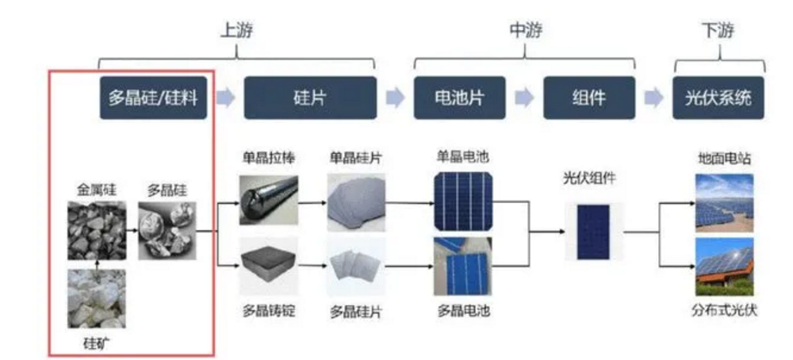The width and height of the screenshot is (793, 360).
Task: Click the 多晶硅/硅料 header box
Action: click(x=153, y=98)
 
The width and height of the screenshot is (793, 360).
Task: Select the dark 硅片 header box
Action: click(x=309, y=98)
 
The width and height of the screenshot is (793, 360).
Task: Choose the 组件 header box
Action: click(x=588, y=98)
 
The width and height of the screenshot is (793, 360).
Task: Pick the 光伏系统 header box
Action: click(x=718, y=98)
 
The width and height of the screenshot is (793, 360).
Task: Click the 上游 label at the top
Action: click(x=236, y=31)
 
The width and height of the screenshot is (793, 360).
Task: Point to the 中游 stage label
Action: click(x=524, y=31)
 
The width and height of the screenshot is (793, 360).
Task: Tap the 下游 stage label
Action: click(x=718, y=31)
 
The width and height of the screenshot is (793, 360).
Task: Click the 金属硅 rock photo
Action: click(x=96, y=230)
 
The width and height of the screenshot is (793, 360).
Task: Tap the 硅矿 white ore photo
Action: click(x=96, y=299)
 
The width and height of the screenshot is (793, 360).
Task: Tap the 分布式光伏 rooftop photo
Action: click(x=724, y=267)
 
